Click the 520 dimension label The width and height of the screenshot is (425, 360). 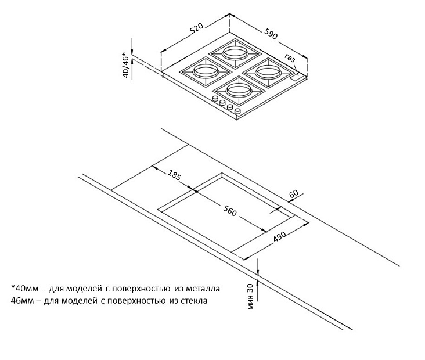point(196,28)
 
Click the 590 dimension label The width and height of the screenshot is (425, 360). point(271,34)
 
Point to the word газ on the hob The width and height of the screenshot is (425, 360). point(290,58)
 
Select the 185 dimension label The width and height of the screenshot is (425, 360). point(174,175)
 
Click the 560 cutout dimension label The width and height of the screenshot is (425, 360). point(230,210)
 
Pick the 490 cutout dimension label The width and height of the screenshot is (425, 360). point(279,236)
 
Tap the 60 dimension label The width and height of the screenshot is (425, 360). point(294,194)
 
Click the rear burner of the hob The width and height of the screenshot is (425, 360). point(235,53)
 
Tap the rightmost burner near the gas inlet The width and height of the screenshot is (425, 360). point(268,73)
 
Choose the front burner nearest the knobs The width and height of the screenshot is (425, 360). point(239,91)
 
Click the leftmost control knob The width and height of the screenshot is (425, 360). point(216,98)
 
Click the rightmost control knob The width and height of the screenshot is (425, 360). point(237,110)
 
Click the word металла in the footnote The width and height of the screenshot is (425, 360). point(203,289)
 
